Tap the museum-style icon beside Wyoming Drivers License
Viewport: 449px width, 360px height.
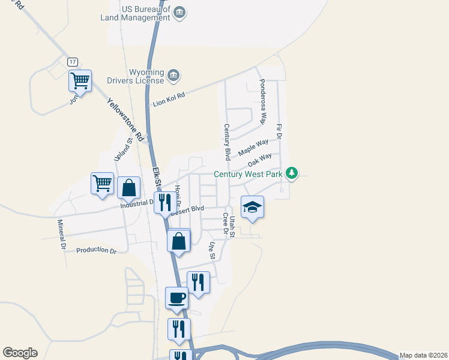pos(173,75)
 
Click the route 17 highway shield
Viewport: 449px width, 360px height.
pos(73,62)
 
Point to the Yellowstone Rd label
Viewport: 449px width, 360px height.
pos(126,120)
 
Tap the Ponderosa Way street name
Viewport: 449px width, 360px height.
pos(262,101)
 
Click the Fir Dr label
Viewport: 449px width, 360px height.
pos(279,133)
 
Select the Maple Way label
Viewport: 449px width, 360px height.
pos(253,148)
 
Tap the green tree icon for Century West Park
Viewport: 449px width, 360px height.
pos(292,173)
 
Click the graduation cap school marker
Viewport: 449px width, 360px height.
pos(252,207)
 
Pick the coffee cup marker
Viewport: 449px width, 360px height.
pos(176,298)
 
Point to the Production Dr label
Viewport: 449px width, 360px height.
pos(96,250)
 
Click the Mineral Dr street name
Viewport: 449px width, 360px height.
pos(61,234)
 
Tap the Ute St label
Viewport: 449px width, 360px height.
pos(211,251)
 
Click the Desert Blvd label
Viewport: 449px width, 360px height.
pos(187,209)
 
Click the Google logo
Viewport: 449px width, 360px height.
pos(20,353)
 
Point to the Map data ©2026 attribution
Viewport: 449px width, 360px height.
pos(423,355)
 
